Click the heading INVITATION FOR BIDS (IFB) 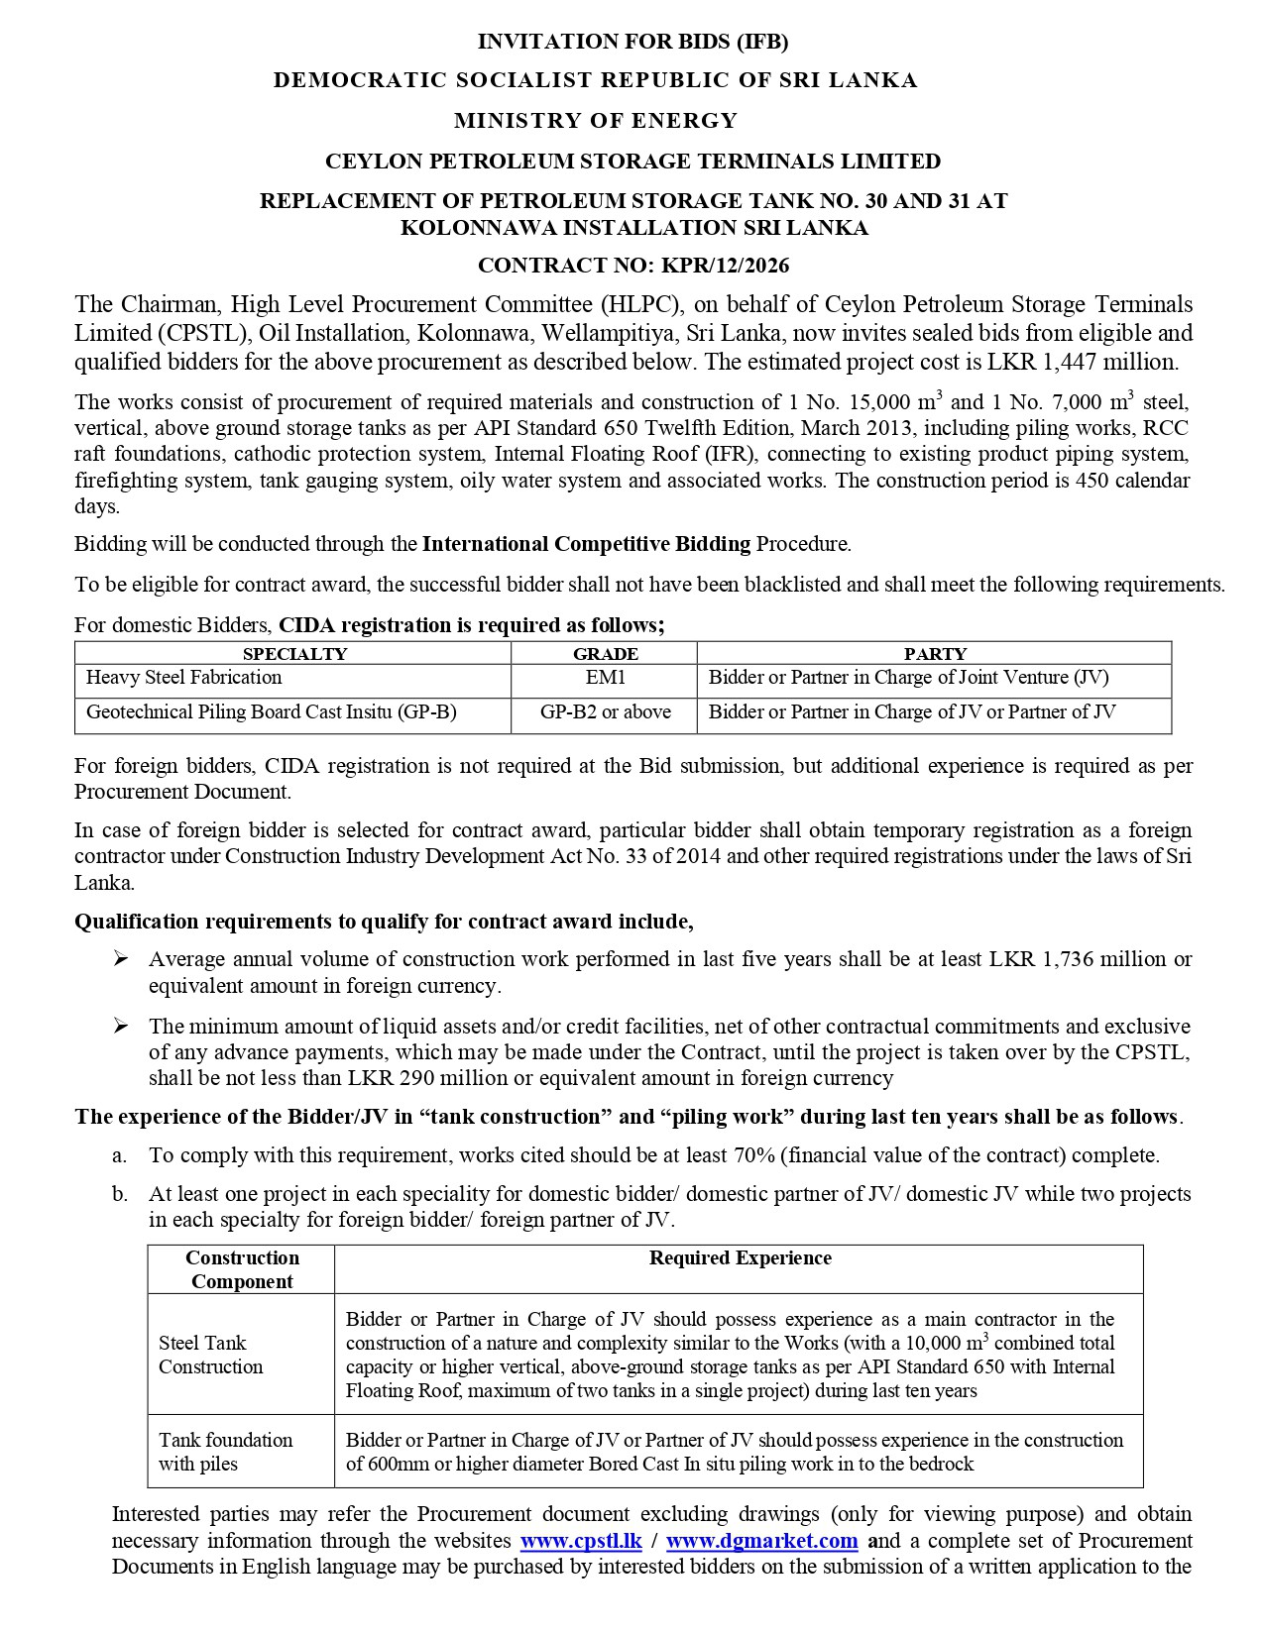click(x=632, y=42)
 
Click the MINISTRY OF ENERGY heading click(x=596, y=121)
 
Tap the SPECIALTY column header click(x=294, y=654)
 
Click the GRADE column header click(x=605, y=654)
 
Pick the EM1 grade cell click(x=605, y=678)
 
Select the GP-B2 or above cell click(x=605, y=712)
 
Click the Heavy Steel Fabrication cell click(x=184, y=678)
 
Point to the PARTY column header click(x=934, y=654)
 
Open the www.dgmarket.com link click(x=761, y=1541)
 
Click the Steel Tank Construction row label click(x=210, y=1355)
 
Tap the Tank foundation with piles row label click(x=225, y=1452)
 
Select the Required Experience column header click(x=740, y=1258)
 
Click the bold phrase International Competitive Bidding click(x=586, y=544)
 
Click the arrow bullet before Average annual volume click(x=120, y=959)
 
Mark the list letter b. click(x=119, y=1194)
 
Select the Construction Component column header click(x=242, y=1269)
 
